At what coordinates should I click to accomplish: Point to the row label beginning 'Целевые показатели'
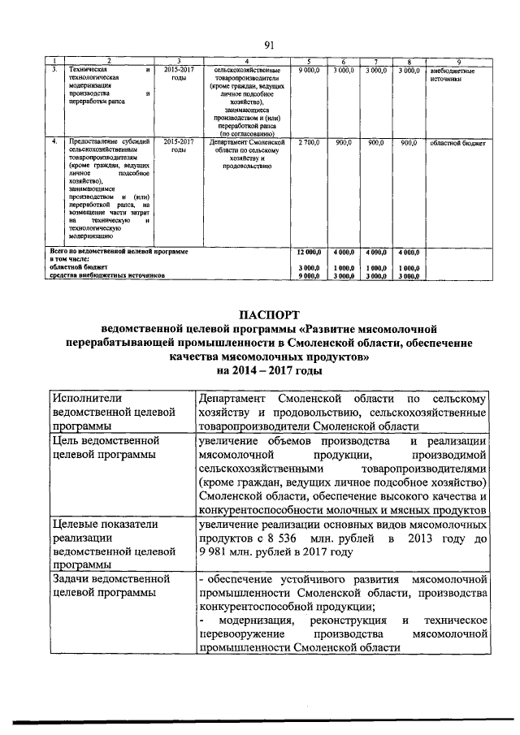110,545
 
